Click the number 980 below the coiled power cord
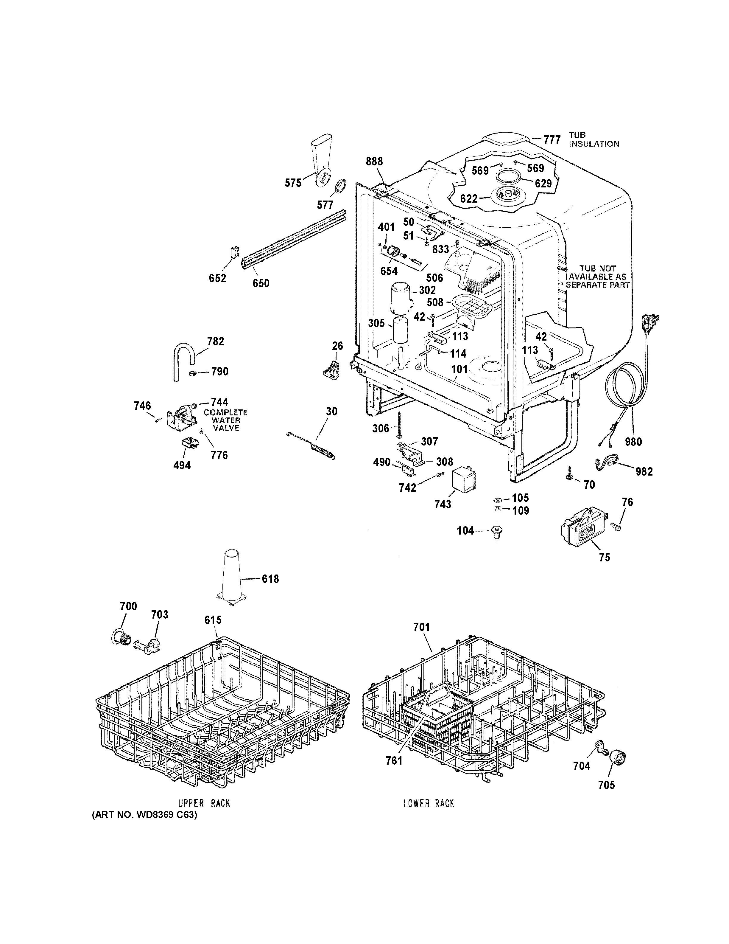pos(633,442)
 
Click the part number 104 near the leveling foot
pos(465,530)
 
